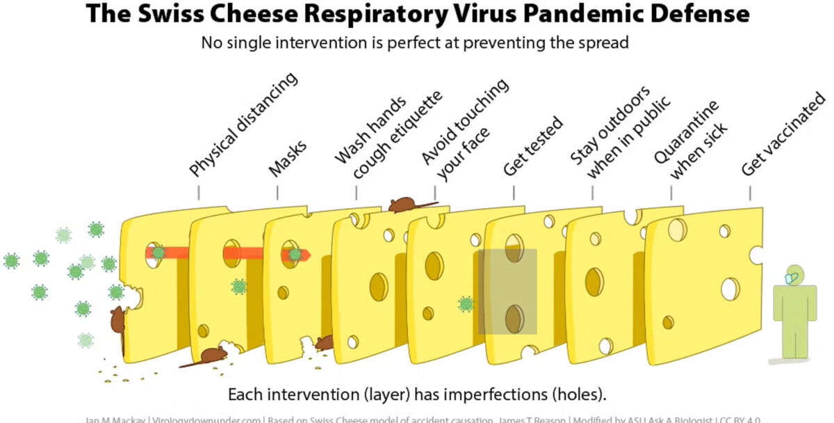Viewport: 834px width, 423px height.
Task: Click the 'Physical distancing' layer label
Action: pos(243,125)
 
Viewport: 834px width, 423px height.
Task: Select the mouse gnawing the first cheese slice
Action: pos(117,320)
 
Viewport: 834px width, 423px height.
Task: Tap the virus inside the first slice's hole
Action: pos(159,253)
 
